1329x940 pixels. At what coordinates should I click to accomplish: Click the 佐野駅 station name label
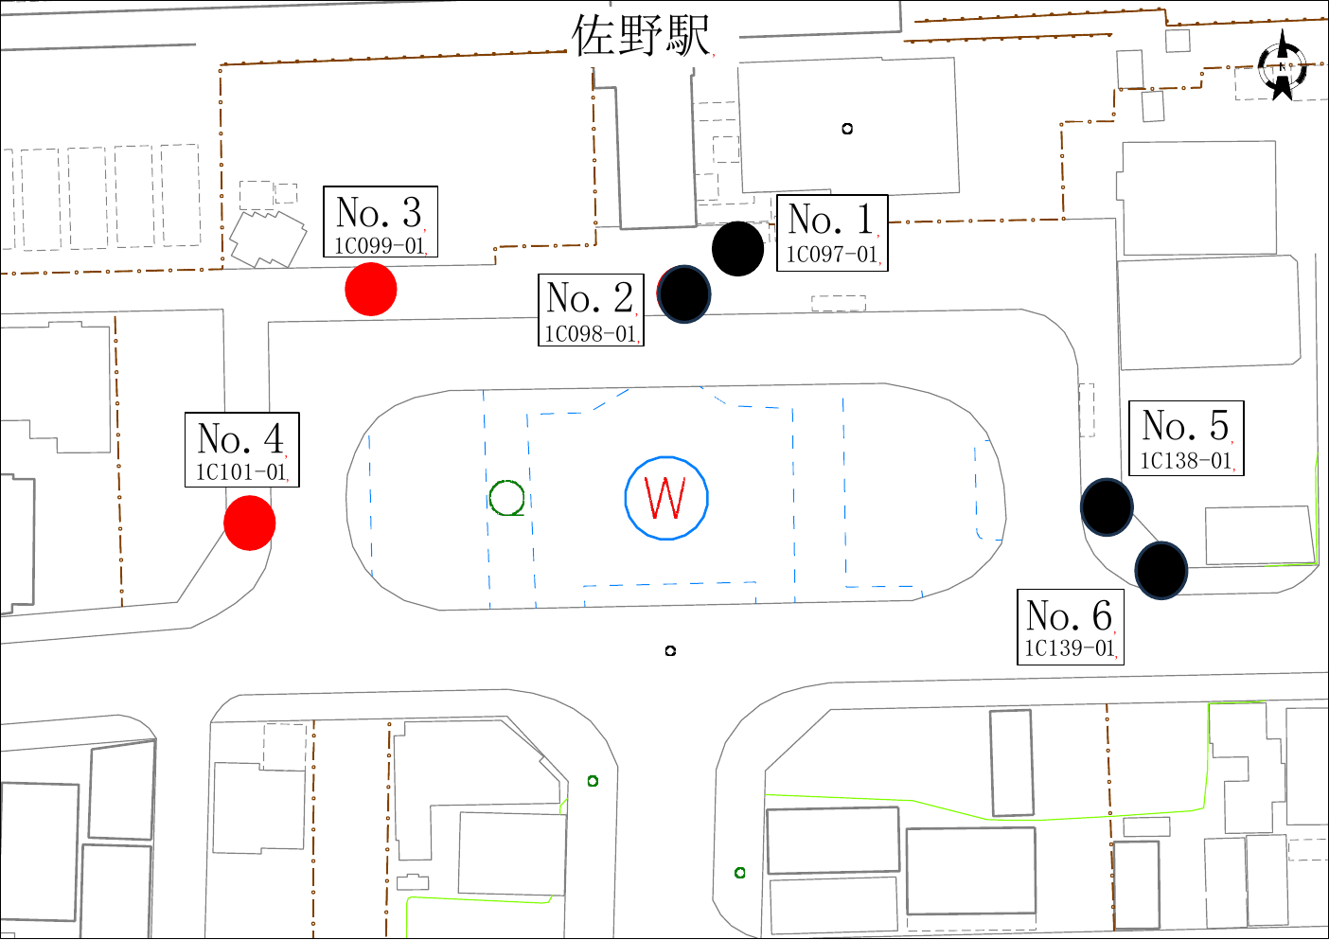(x=641, y=36)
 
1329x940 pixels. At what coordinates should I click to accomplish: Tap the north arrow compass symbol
(x=1282, y=66)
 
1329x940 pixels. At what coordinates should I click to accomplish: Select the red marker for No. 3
(x=370, y=289)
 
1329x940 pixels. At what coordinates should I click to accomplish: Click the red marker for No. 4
(x=249, y=523)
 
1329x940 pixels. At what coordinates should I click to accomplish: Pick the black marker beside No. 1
(x=737, y=249)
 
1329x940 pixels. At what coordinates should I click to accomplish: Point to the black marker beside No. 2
(x=683, y=294)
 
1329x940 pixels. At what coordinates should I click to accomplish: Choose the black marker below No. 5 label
(x=1107, y=507)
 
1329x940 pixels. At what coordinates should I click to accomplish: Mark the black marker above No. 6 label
(x=1161, y=570)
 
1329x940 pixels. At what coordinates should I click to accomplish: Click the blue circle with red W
(x=666, y=498)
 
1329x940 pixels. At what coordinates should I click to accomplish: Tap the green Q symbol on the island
(x=507, y=499)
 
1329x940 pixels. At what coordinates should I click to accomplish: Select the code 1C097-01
(x=832, y=255)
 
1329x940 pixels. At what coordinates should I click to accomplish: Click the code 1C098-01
(x=591, y=334)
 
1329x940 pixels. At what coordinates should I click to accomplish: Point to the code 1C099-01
(x=380, y=246)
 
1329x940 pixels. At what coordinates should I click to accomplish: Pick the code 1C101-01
(x=241, y=472)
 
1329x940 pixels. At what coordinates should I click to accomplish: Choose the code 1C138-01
(x=1185, y=461)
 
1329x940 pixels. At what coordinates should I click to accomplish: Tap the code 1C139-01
(x=1070, y=648)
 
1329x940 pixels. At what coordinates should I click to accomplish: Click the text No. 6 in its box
(x=1070, y=616)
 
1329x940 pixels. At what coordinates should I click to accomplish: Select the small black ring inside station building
(x=847, y=129)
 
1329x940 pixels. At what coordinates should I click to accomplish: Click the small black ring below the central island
(x=670, y=650)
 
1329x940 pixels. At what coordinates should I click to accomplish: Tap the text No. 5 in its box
(x=1185, y=426)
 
